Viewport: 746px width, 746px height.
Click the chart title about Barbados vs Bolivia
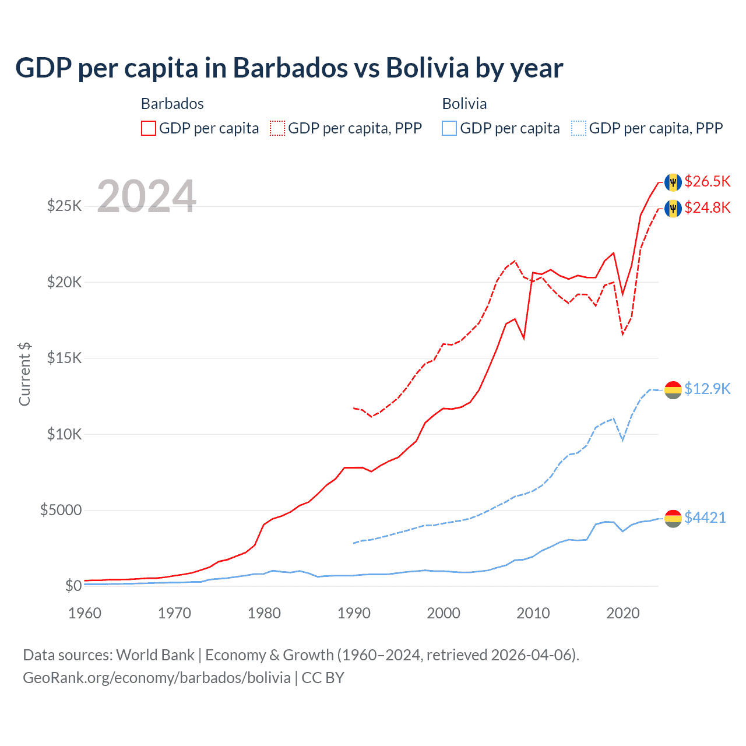[x=289, y=68]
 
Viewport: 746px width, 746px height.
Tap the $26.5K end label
[x=707, y=181]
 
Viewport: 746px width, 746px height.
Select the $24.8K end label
[x=707, y=207]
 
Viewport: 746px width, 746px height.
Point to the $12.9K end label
[x=707, y=389]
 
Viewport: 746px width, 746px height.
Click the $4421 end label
[x=705, y=518]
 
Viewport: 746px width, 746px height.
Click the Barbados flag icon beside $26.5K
[x=673, y=182]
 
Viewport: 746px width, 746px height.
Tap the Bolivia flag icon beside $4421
[x=673, y=518]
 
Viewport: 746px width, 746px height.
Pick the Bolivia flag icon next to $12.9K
[x=673, y=389]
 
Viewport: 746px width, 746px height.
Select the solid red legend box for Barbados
[x=149, y=128]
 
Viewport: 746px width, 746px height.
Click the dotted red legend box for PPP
[x=277, y=128]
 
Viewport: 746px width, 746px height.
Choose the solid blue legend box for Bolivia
[x=449, y=128]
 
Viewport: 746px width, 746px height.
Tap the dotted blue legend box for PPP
[x=579, y=128]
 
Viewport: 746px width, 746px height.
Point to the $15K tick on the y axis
[x=64, y=358]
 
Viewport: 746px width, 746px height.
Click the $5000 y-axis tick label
[x=61, y=511]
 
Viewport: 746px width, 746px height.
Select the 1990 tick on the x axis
[x=354, y=613]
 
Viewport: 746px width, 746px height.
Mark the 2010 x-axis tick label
[x=533, y=613]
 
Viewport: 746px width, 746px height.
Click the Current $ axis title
[x=24, y=374]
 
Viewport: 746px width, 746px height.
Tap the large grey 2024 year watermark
[x=146, y=196]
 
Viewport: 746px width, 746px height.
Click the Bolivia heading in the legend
[x=464, y=104]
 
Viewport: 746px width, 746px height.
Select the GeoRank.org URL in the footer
[x=157, y=678]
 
